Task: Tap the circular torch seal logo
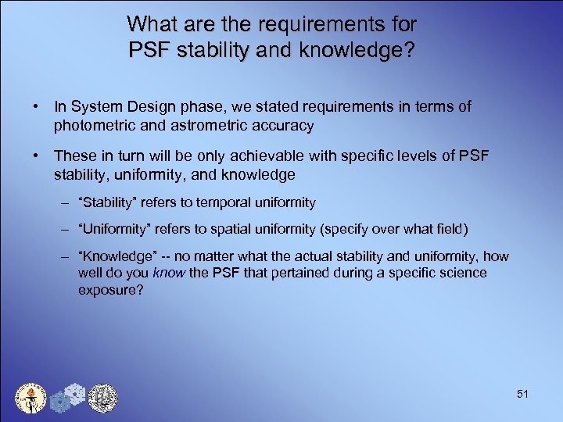31,399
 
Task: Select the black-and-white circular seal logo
102,398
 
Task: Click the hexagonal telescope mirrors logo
68,399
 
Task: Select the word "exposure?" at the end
107,290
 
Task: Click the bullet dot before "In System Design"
37,107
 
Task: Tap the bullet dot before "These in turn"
37,157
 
